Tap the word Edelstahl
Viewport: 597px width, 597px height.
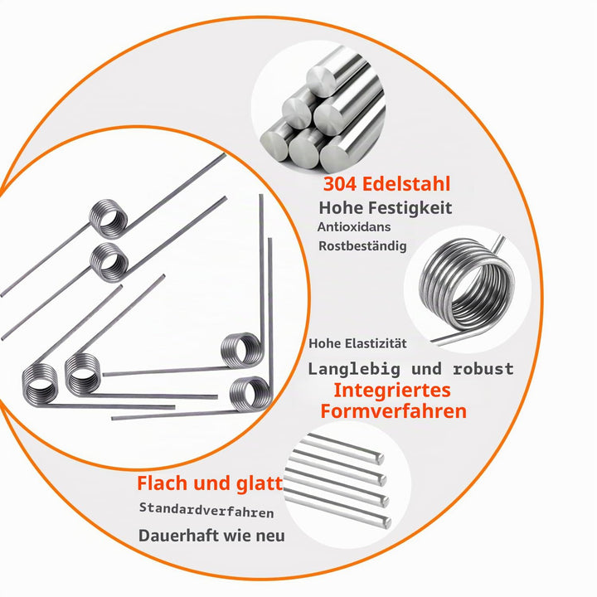[406, 183]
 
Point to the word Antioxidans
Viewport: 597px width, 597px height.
[349, 227]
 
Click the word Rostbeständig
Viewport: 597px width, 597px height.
[362, 246]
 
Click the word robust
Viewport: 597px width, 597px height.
[483, 369]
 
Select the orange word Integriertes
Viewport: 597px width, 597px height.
[392, 391]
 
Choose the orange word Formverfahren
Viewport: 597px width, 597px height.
[394, 411]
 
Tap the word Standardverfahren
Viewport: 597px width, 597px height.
[206, 510]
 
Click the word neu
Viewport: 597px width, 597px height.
[270, 536]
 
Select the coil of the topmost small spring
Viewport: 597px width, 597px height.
[109, 219]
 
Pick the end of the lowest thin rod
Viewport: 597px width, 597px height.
[387, 523]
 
